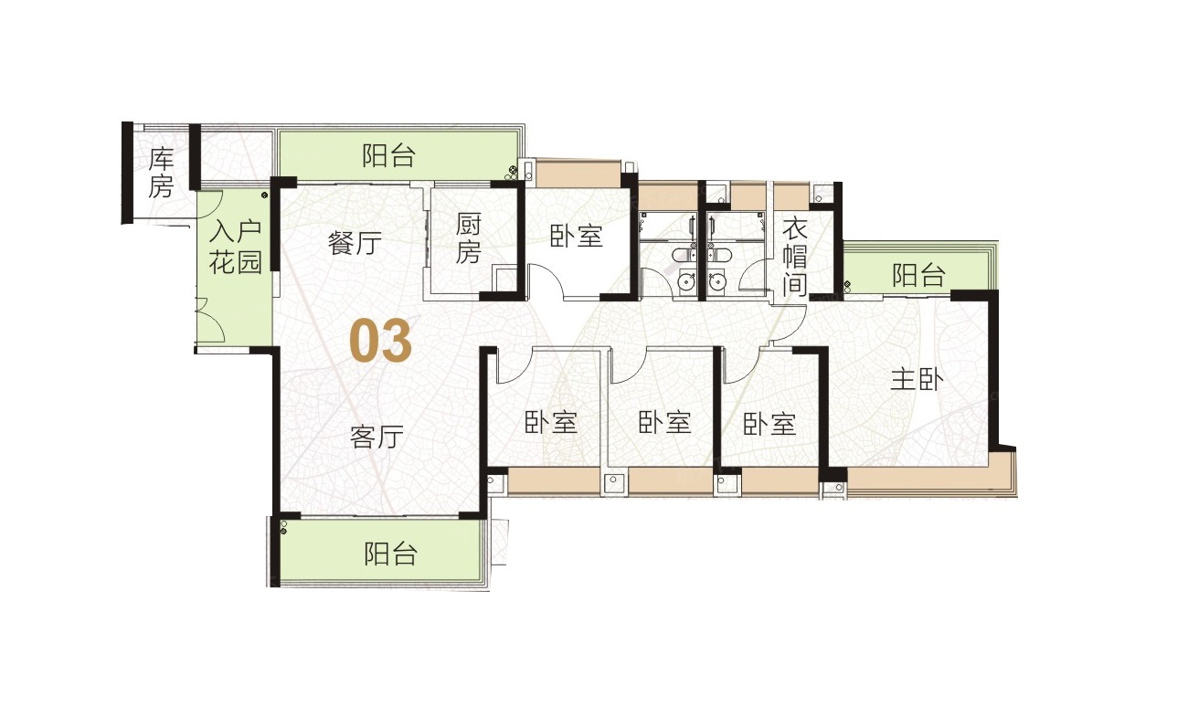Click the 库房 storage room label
click(x=161, y=174)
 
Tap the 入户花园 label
click(x=236, y=248)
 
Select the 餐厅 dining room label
click(x=355, y=243)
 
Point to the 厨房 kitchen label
click(x=468, y=238)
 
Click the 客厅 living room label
click(x=377, y=437)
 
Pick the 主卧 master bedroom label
click(x=917, y=380)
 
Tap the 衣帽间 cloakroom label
click(x=795, y=258)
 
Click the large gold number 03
click(x=381, y=342)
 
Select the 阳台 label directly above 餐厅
click(x=388, y=156)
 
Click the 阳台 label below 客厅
click(x=391, y=554)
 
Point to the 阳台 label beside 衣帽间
click(x=918, y=275)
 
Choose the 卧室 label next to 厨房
click(x=577, y=236)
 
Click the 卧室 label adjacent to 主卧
click(x=769, y=424)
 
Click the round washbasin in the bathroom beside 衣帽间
click(x=717, y=281)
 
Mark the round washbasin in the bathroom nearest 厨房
click(x=687, y=281)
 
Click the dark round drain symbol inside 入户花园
click(x=264, y=195)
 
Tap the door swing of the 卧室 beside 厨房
click(x=552, y=280)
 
